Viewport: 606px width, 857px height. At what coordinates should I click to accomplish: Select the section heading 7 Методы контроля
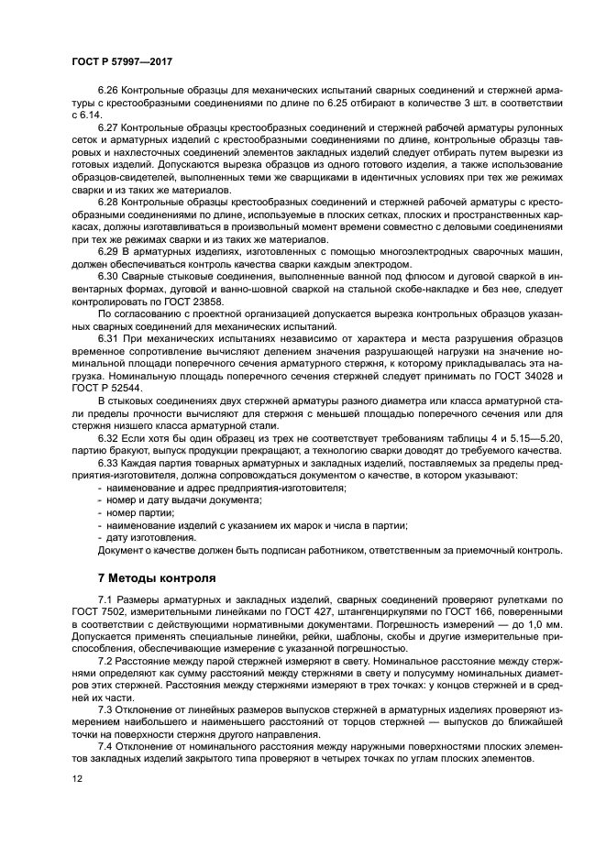tap(157, 578)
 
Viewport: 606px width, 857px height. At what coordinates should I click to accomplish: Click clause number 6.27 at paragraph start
tap(108, 126)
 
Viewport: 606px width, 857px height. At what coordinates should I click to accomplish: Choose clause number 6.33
tap(108, 463)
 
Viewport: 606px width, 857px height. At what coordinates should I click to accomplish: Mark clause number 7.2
tap(108, 660)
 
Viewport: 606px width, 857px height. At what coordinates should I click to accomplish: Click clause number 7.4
tap(108, 746)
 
